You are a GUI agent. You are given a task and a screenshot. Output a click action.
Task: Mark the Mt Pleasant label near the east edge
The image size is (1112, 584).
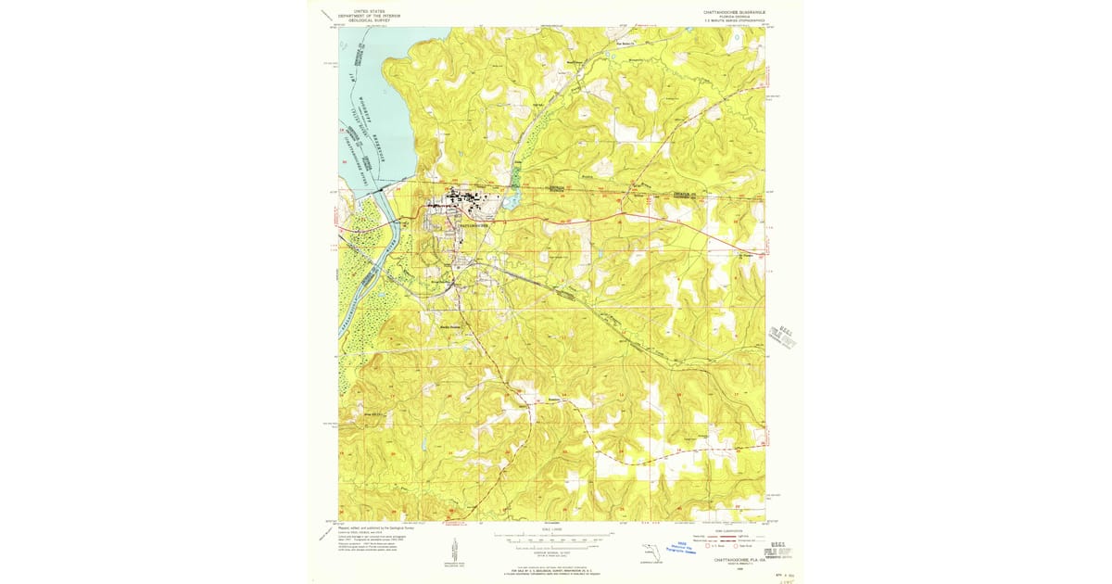coord(747,257)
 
